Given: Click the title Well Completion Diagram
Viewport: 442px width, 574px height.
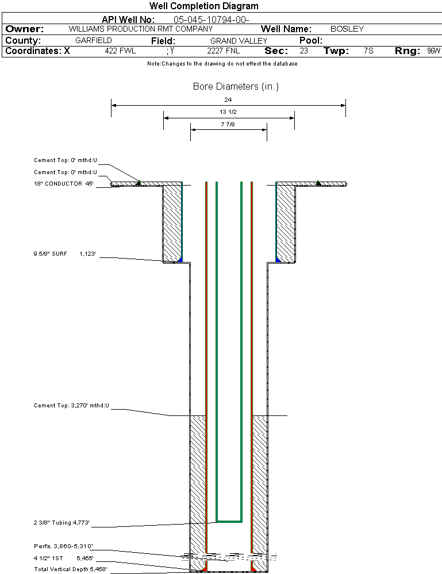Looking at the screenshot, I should pyautogui.click(x=203, y=6).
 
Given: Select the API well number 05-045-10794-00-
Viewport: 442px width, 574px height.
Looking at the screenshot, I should pyautogui.click(x=211, y=20).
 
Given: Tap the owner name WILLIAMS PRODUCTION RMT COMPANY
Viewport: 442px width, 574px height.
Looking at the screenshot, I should pyautogui.click(x=140, y=29).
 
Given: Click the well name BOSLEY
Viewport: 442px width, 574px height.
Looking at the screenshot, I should pyautogui.click(x=347, y=29).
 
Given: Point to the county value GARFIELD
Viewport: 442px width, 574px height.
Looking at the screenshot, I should pyautogui.click(x=94, y=41).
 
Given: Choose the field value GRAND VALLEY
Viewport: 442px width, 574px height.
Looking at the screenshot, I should pyautogui.click(x=239, y=41).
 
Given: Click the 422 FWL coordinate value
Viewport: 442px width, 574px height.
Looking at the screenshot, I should pyautogui.click(x=120, y=51).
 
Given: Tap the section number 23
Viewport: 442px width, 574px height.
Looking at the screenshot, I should pyautogui.click(x=303, y=51).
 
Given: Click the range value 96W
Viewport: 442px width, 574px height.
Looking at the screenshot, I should pyautogui.click(x=433, y=51).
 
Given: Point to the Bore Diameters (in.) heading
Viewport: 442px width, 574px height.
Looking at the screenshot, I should pyautogui.click(x=236, y=87).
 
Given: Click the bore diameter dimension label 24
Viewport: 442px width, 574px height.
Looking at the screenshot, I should pyautogui.click(x=228, y=99).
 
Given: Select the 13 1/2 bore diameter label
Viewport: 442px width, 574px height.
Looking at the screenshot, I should pyautogui.click(x=228, y=111).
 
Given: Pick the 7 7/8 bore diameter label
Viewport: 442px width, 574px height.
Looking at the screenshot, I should pyautogui.click(x=228, y=124).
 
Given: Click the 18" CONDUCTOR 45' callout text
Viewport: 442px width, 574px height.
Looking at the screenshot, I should pyautogui.click(x=64, y=184).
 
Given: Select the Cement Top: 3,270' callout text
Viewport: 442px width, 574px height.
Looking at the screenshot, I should pyautogui.click(x=71, y=406).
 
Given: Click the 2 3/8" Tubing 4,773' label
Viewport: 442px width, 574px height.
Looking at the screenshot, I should pyautogui.click(x=62, y=523).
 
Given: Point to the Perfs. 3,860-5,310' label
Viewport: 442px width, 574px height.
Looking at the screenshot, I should pyautogui.click(x=63, y=546).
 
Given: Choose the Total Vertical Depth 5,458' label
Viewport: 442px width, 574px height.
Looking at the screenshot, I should pyautogui.click(x=70, y=569).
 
